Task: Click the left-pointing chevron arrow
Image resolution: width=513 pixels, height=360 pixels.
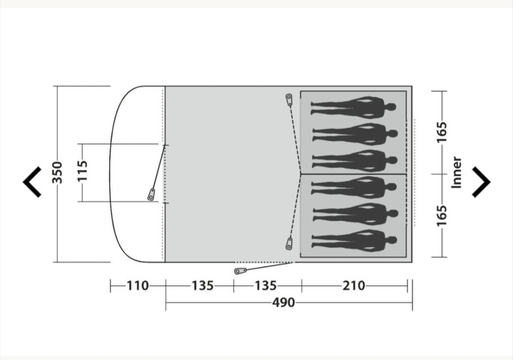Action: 32,182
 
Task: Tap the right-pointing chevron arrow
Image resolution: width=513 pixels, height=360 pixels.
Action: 481,182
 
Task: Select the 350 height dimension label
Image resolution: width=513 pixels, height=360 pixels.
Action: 58,173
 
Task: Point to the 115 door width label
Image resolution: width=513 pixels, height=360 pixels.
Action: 82,170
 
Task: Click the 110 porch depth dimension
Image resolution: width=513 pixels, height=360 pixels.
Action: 138,286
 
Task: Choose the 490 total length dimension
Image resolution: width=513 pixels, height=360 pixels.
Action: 283,302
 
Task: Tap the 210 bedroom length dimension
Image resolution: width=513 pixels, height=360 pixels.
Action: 354,286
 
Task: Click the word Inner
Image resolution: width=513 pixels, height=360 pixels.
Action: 456,173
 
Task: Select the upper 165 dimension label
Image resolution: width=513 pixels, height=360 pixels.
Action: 442,132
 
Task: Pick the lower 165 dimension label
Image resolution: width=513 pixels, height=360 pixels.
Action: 442,216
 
